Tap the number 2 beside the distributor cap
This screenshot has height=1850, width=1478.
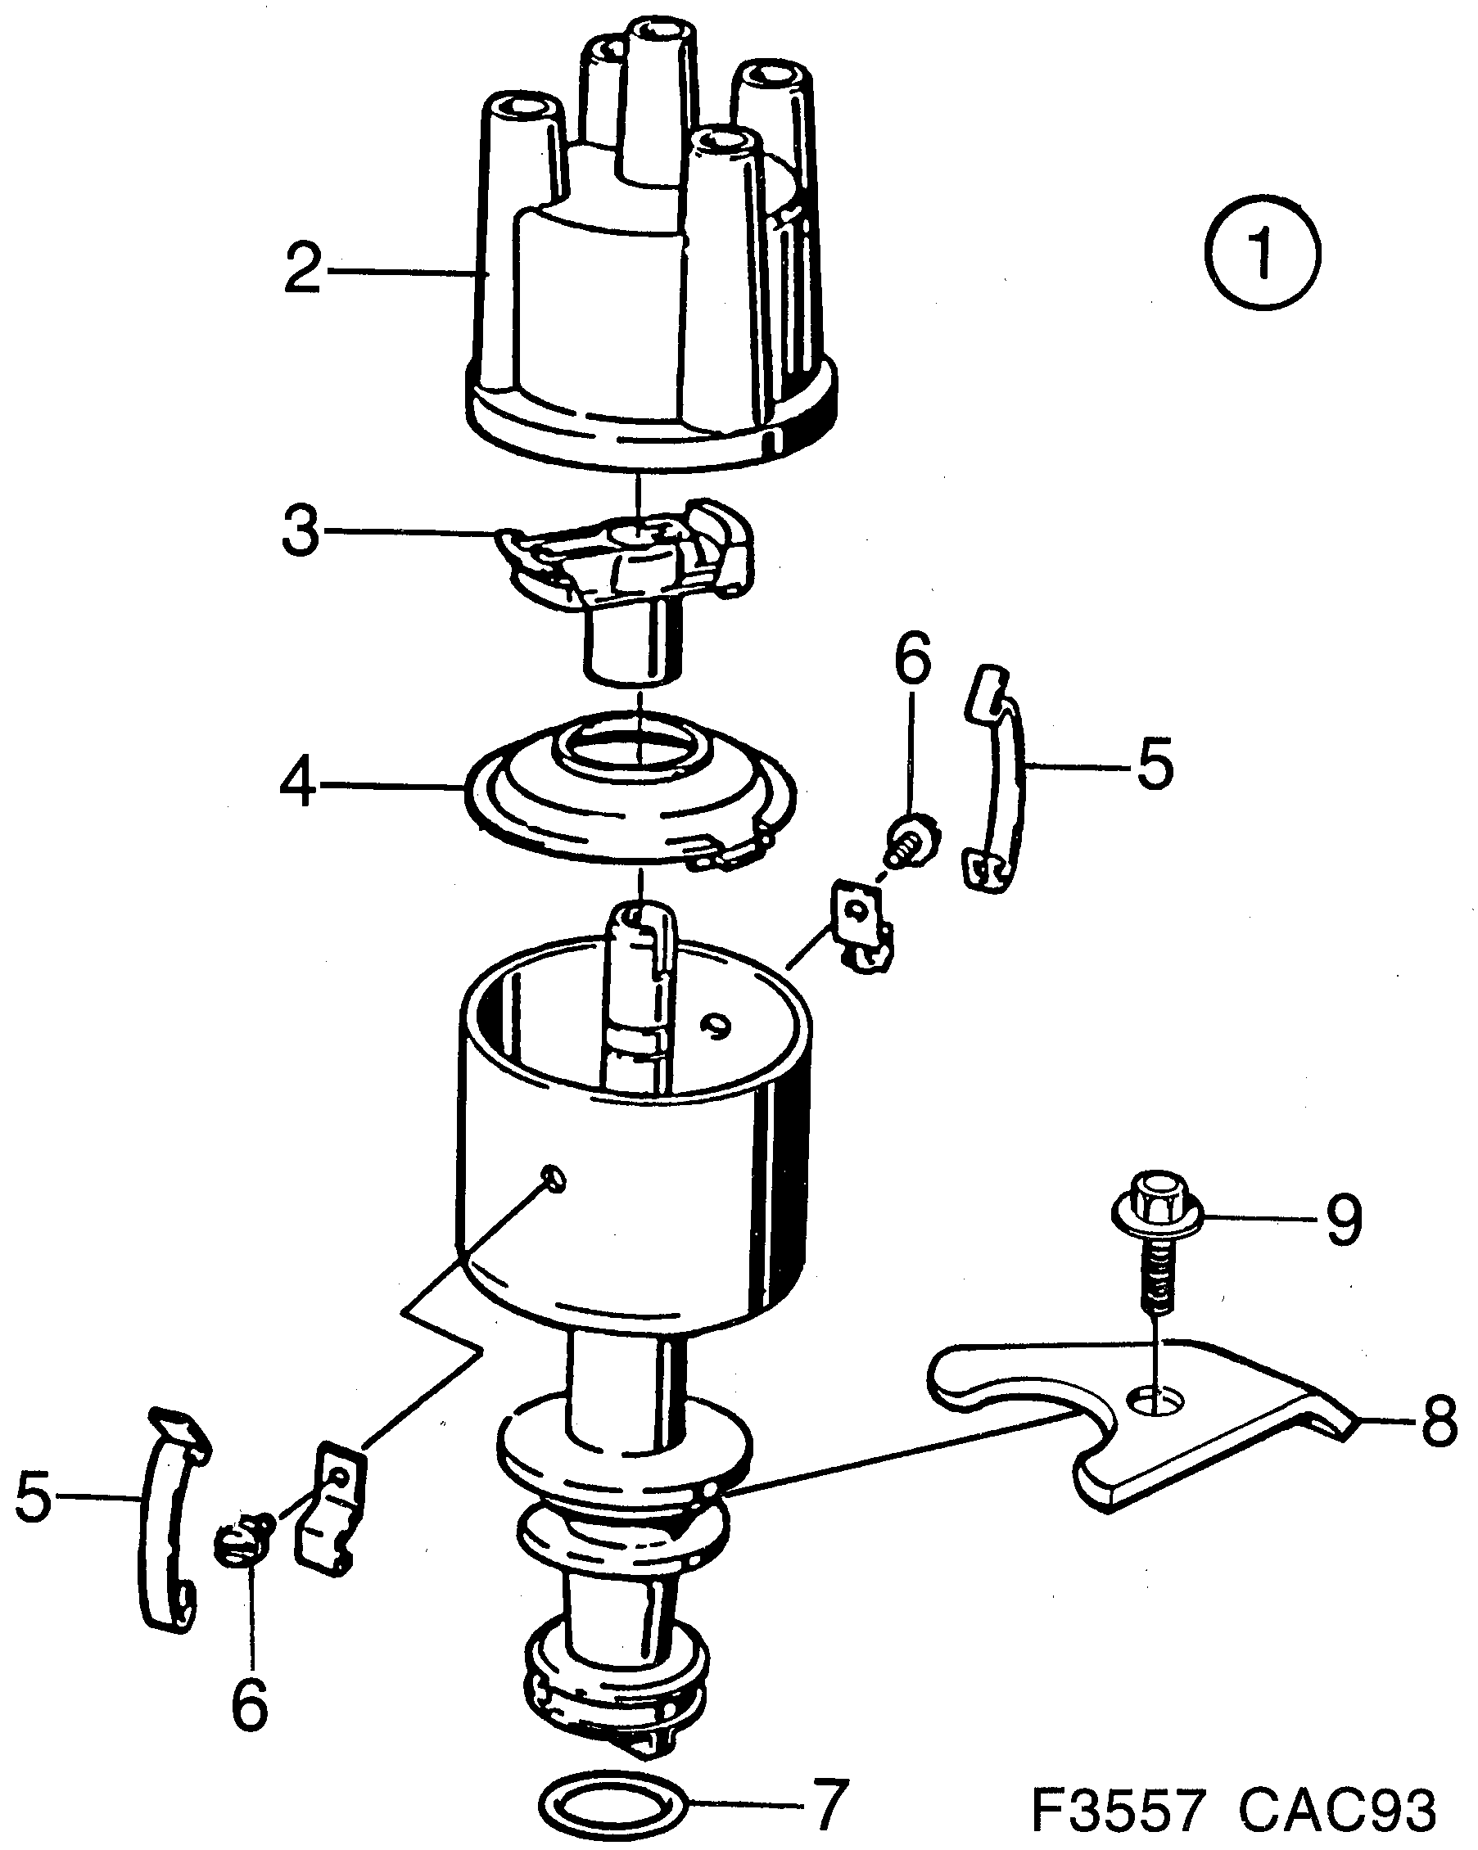click(x=302, y=268)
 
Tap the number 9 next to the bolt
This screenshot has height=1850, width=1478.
click(x=1344, y=1220)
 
